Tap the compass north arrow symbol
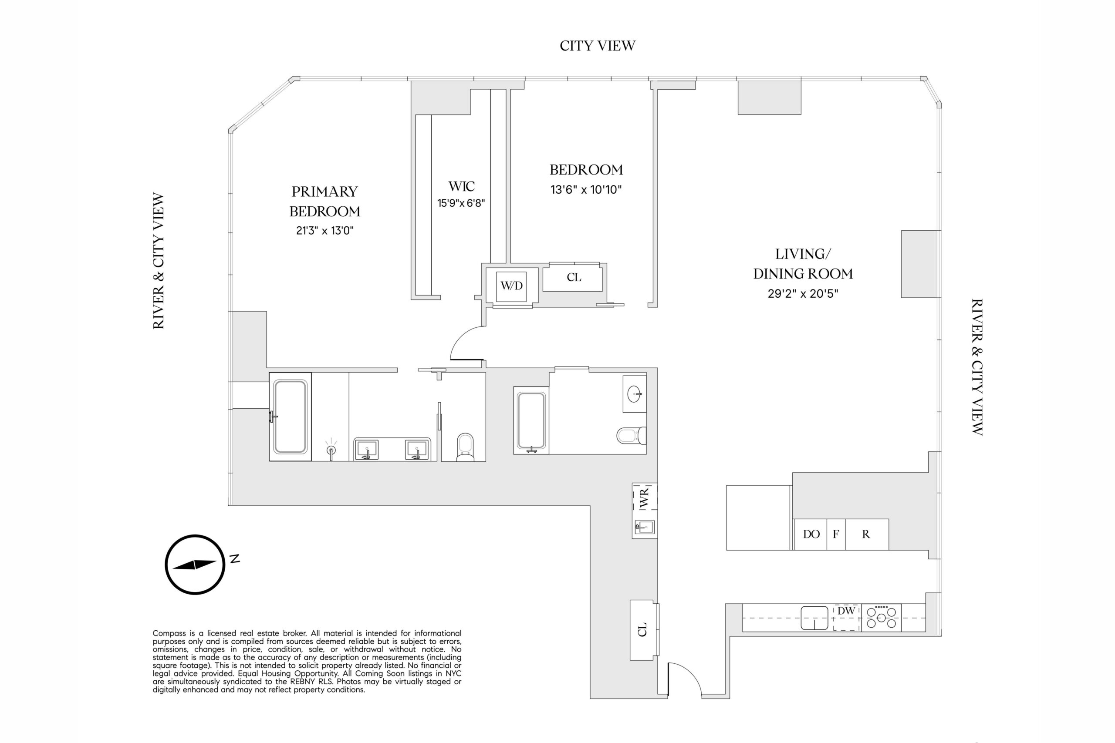(x=195, y=565)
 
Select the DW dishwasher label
(x=846, y=611)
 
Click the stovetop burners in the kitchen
(x=881, y=618)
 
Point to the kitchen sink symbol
(x=814, y=618)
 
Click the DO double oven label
(x=811, y=534)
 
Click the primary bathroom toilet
(x=465, y=447)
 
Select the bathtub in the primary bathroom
(x=290, y=417)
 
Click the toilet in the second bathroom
(x=632, y=435)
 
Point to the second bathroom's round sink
(x=634, y=394)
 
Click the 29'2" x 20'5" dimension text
(x=803, y=294)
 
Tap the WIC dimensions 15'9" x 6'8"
(x=461, y=203)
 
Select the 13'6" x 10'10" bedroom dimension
(x=586, y=189)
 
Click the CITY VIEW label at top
(x=597, y=46)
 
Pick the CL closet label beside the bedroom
(x=574, y=277)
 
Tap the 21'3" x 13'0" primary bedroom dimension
(x=325, y=231)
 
